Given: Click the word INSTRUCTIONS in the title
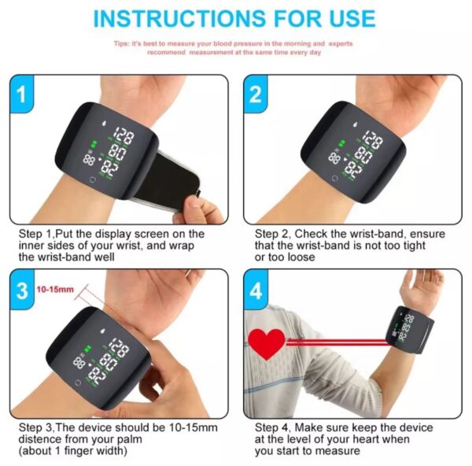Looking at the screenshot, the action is click(179, 18).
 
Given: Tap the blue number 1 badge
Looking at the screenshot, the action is click(22, 94).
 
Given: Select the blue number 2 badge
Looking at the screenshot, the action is click(256, 94).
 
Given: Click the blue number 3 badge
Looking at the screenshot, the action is click(22, 290).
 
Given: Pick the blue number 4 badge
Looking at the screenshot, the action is click(256, 290).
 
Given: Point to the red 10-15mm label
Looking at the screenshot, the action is click(55, 290).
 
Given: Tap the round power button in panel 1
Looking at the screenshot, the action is click(93, 180).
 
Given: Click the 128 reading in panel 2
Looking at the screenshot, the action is click(372, 139).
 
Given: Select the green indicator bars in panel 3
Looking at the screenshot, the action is click(87, 349).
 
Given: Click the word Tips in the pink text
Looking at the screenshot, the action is click(121, 43).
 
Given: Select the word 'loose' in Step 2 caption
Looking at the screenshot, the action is click(301, 257).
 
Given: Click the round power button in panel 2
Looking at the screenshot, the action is click(334, 179).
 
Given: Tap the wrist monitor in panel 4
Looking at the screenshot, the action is click(410, 330).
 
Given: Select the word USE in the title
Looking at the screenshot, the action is click(352, 18).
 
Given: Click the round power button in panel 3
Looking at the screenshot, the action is click(78, 383).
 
